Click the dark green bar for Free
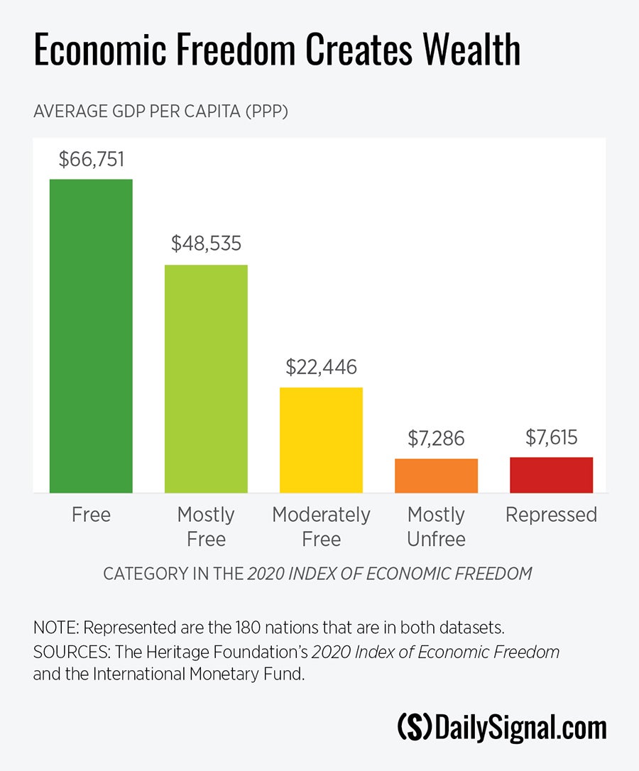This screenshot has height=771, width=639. point(91,335)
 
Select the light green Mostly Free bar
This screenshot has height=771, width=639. point(206,378)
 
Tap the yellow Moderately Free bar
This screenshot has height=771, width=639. point(321,439)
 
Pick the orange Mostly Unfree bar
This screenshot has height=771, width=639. point(436,476)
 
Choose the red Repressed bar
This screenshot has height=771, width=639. point(551,475)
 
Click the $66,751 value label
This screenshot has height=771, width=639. point(91,159)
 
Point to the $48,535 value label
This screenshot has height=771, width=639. point(206,244)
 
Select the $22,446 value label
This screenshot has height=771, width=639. point(321,367)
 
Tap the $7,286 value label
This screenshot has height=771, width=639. point(436,438)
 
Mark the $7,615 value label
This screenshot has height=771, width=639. point(551,437)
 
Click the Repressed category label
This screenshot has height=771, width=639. point(551,515)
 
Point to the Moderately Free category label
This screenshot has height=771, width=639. point(321,527)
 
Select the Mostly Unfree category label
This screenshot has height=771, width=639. point(436,527)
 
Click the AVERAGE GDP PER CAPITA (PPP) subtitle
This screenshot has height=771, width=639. point(160,112)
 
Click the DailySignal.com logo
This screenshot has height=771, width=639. point(501,728)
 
